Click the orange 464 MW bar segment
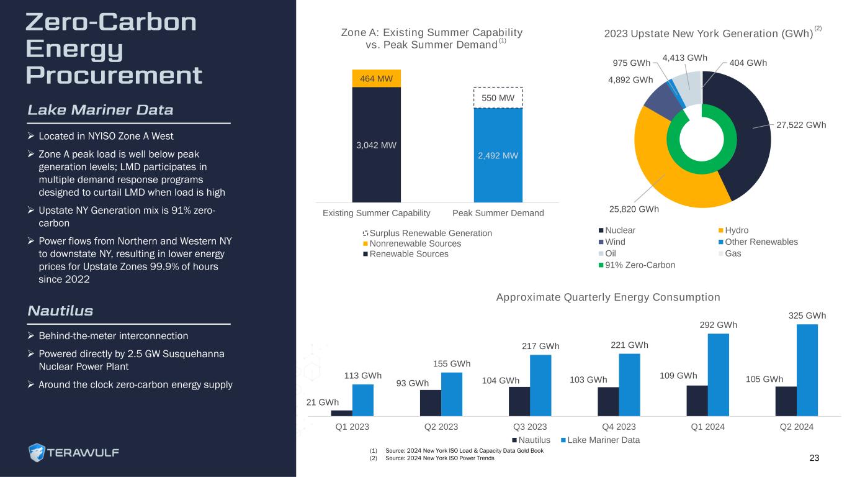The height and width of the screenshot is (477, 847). coord(376,78)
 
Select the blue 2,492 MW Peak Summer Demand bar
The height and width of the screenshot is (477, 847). coord(498,155)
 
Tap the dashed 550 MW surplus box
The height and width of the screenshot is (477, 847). coord(498,98)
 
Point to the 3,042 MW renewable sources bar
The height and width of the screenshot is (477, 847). coord(376,145)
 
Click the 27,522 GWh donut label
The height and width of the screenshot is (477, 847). coord(800,125)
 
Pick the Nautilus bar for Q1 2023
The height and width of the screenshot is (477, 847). coord(342,412)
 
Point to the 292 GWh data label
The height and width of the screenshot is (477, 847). coord(718,324)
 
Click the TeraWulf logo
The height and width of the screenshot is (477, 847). coord(74,452)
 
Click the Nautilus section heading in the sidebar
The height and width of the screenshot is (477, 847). coord(60,311)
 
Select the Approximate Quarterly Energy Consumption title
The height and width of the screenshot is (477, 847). coord(608,298)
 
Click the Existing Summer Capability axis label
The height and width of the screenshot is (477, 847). coord(377,213)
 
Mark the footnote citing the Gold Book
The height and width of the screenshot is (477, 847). coord(459,450)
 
